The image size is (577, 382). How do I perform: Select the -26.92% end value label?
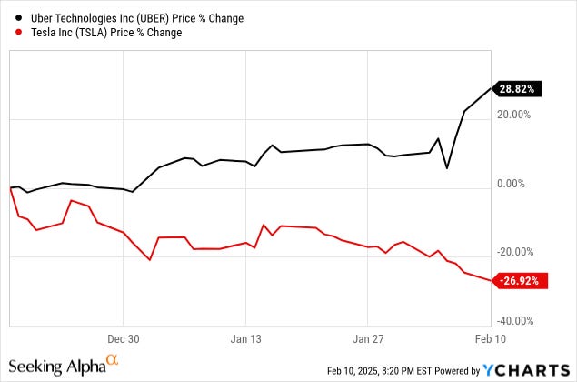521,282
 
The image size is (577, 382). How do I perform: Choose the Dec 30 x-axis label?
123,337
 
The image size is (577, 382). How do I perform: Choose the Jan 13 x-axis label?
245,337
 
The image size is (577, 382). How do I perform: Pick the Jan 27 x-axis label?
367,337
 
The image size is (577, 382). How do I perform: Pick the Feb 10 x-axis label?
489,337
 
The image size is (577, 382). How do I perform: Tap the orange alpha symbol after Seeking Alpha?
112,360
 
